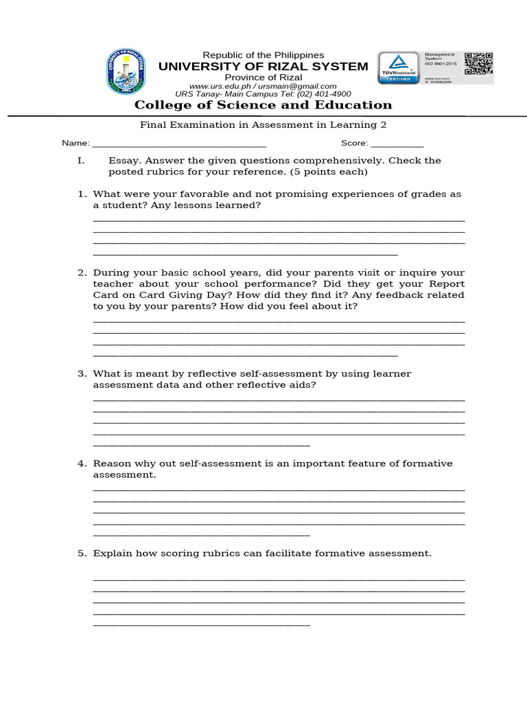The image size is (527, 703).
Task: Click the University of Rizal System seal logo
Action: point(126,72)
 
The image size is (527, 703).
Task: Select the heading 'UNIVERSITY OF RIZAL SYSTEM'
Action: point(263,67)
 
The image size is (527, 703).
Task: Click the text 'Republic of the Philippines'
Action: point(263,55)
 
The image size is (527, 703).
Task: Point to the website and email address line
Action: point(263,86)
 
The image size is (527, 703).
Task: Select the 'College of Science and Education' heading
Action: point(263,105)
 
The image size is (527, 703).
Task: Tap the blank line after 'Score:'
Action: point(397,145)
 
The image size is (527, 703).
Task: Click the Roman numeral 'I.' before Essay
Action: point(80,161)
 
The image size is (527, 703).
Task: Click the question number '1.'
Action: point(82,194)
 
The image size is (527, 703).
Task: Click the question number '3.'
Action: point(82,374)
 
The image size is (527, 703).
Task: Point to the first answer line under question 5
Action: point(279,580)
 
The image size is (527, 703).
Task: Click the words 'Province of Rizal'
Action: point(263,78)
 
